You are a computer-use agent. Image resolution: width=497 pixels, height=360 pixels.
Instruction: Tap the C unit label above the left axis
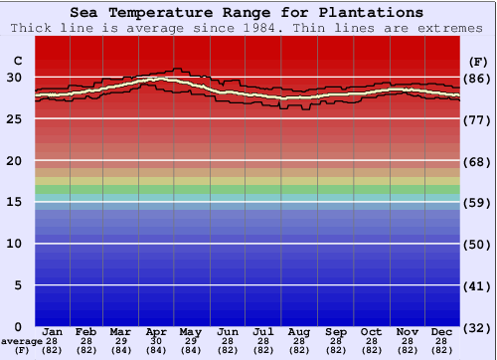(17, 61)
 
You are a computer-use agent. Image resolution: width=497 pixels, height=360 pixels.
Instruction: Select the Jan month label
(54, 331)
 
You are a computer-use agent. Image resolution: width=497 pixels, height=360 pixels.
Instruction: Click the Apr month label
(156, 331)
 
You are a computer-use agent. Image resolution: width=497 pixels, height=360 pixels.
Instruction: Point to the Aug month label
(299, 331)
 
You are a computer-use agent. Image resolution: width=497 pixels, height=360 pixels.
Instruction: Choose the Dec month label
(443, 331)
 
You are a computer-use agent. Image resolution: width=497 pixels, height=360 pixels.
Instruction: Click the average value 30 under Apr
(156, 341)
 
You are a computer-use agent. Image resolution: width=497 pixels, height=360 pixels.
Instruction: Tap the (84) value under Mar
(119, 351)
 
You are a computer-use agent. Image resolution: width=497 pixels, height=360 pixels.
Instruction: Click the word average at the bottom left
(20, 341)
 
